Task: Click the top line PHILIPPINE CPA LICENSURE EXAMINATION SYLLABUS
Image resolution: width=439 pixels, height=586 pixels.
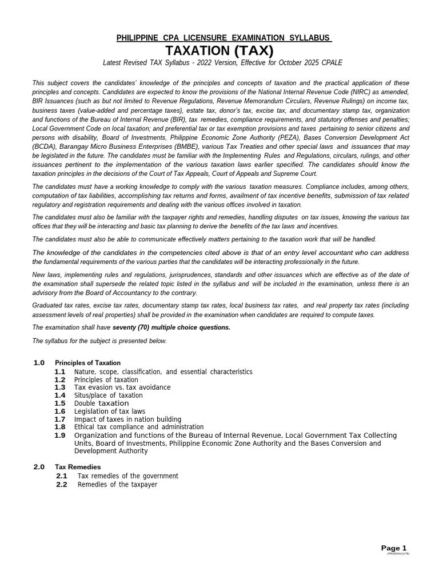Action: pyautogui.click(x=224, y=38)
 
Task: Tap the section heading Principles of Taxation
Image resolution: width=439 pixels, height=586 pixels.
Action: pyautogui.click(x=87, y=363)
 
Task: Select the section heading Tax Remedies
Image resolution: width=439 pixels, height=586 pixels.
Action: pyautogui.click(x=78, y=467)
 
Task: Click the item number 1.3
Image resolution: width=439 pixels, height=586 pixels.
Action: pyautogui.click(x=60, y=387)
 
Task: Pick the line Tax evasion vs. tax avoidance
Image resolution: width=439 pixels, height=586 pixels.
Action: pyautogui.click(x=122, y=387)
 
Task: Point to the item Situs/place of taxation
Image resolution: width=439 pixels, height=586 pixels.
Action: pyautogui.click(x=109, y=395)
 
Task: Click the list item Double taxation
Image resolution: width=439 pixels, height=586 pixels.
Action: pyautogui.click(x=102, y=403)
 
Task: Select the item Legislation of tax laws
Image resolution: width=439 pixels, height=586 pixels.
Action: pyautogui.click(x=110, y=411)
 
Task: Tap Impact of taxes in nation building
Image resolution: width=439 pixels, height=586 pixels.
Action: pyautogui.click(x=127, y=419)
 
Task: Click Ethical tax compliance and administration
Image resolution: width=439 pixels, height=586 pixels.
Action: pyautogui.click(x=139, y=427)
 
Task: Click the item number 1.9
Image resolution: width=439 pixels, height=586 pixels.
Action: pyautogui.click(x=60, y=435)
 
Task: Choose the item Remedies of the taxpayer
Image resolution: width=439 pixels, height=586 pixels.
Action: pyautogui.click(x=117, y=485)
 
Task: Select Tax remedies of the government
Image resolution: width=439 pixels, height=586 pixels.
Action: pyautogui.click(x=128, y=476)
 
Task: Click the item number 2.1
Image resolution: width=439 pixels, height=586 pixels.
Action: pyautogui.click(x=62, y=476)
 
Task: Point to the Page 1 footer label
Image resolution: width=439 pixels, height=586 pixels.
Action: pyautogui.click(x=394, y=548)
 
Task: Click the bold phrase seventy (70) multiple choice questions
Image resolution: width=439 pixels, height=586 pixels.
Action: pyautogui.click(x=171, y=327)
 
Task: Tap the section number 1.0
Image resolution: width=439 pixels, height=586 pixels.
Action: pyautogui.click(x=39, y=363)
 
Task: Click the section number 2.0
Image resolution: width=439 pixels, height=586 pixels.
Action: pyautogui.click(x=39, y=467)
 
